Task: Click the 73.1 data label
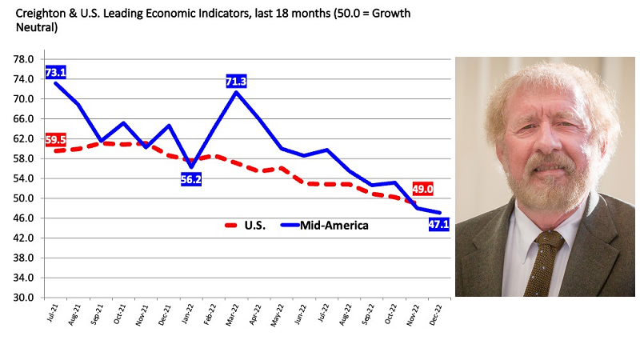tap(55, 71)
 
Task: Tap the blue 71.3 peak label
tap(236, 81)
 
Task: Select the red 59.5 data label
tap(55, 138)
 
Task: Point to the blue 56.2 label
tap(191, 180)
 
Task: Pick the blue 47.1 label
tap(439, 225)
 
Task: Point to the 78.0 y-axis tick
tap(24, 59)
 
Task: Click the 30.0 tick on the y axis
tap(24, 298)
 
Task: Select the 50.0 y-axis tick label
tap(24, 198)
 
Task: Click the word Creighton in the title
tap(38, 14)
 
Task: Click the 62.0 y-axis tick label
tap(24, 138)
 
